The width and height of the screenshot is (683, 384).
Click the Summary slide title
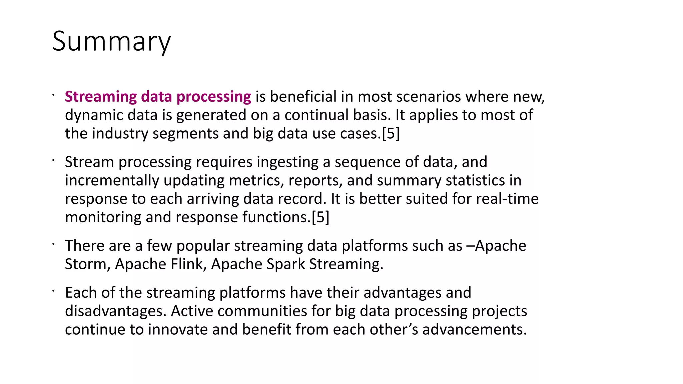(111, 41)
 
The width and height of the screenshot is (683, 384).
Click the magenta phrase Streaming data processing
(158, 97)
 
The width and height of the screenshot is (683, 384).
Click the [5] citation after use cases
(391, 134)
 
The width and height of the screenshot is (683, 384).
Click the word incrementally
(112, 181)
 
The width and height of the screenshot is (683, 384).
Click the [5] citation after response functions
(320, 217)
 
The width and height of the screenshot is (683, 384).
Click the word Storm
(85, 264)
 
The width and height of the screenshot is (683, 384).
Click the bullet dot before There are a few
(53, 244)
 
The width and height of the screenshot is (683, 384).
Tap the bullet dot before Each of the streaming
(53, 291)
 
